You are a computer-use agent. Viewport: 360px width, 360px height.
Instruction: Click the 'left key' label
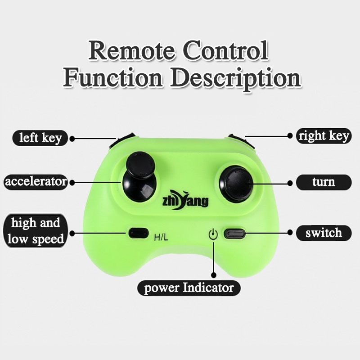pos(40,138)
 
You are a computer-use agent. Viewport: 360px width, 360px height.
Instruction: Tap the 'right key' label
pos(324,136)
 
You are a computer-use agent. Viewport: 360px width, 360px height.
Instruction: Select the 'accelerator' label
pos(36,182)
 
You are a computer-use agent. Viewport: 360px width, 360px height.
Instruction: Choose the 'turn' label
pos(324,182)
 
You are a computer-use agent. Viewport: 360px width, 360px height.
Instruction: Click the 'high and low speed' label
pos(36,231)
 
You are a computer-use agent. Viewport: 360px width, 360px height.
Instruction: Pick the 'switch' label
pos(324,233)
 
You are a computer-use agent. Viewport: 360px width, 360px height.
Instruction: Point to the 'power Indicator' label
pos(189,288)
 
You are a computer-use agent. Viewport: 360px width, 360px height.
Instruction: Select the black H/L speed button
pos(138,233)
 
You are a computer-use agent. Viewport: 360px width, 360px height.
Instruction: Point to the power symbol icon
pos(213,234)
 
